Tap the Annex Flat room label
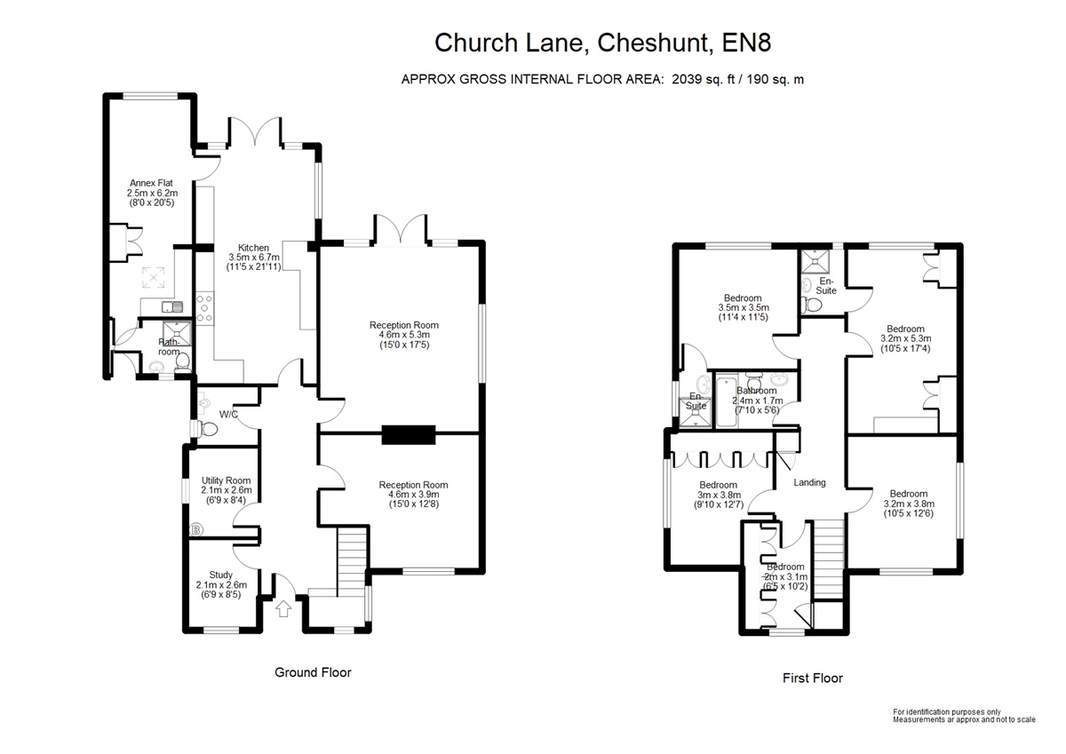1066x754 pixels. [149, 183]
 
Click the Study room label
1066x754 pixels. [221, 575]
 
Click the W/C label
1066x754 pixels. [228, 414]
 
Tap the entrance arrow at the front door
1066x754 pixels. [283, 609]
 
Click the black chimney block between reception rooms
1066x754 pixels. [409, 434]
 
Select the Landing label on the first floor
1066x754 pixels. [809, 482]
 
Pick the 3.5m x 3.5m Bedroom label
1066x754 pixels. [743, 298]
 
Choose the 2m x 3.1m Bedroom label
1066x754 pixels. [785, 567]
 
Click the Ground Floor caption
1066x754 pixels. [313, 672]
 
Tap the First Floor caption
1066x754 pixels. [812, 679]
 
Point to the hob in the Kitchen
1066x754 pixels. [204, 308]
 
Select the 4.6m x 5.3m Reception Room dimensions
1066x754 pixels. [404, 335]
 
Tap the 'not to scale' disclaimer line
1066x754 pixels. [964, 719]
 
